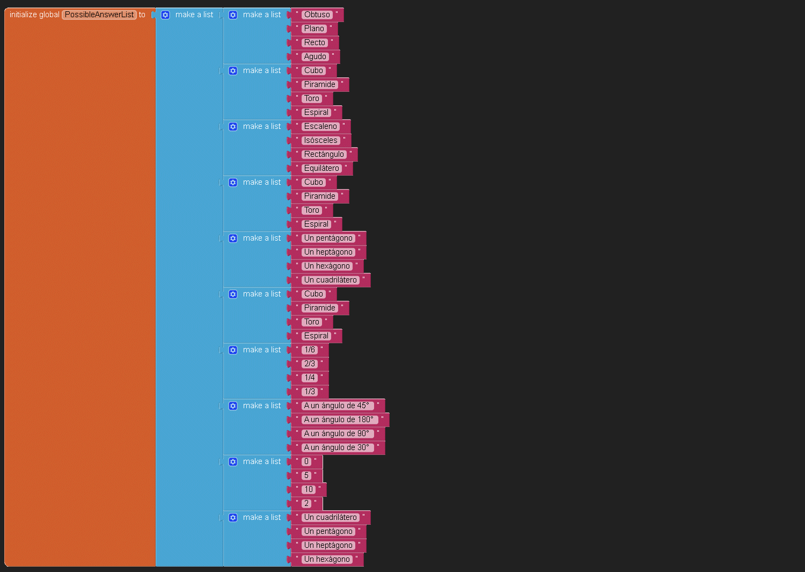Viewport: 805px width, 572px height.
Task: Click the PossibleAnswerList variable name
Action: pos(99,15)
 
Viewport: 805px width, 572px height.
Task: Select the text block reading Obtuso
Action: pos(317,15)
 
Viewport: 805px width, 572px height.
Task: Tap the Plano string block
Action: pos(314,28)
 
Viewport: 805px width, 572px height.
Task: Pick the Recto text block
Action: pos(314,42)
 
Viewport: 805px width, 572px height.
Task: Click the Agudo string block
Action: pos(315,56)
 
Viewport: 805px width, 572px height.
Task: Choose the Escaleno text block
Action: pos(320,126)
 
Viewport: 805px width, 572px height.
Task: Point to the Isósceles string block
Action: pos(320,140)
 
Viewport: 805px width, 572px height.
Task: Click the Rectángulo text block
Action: pos(324,154)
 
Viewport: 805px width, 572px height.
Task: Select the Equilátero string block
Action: pos(321,168)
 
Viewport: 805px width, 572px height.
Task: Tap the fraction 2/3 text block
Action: pos(310,364)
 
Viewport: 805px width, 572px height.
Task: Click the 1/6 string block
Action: pos(310,350)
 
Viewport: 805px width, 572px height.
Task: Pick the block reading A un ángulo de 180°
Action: pos(338,419)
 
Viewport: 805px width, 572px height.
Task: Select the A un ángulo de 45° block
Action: pos(336,406)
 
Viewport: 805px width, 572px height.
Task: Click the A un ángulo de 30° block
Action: pos(336,447)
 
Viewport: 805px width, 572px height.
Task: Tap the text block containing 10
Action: pos(308,489)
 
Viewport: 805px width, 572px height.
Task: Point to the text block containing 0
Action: pos(306,461)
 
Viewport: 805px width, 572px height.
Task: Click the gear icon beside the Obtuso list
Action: pos(233,15)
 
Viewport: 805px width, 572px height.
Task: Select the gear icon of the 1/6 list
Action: pos(233,350)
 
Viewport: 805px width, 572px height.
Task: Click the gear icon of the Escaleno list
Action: pos(233,126)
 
